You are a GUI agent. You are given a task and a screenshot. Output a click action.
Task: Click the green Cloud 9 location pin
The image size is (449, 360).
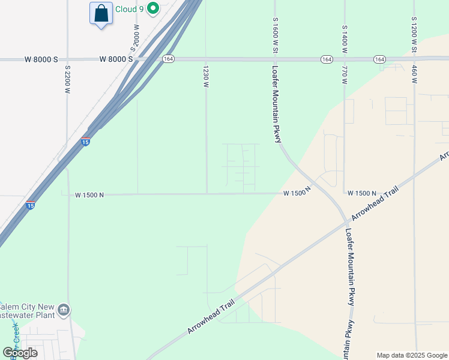click(x=153, y=8)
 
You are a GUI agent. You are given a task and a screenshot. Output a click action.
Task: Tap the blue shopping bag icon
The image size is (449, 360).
click(x=101, y=13)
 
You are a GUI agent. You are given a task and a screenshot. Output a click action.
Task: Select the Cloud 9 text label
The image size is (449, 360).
click(x=130, y=9)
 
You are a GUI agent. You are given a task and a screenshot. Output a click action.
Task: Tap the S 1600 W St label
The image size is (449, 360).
click(x=275, y=35)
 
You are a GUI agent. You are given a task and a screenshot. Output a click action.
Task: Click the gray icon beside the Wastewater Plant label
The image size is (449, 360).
click(x=64, y=310)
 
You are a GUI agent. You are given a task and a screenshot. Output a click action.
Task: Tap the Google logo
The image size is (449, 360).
click(x=20, y=353)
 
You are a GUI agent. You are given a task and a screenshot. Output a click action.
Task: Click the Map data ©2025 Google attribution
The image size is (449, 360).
click(x=411, y=355)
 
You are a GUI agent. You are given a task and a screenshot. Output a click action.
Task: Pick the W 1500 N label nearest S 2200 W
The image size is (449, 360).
click(x=89, y=195)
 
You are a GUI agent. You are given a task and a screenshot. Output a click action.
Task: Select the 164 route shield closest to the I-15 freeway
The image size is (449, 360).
click(x=168, y=59)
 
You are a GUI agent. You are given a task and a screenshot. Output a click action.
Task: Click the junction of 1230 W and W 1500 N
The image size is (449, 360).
click(x=207, y=193)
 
